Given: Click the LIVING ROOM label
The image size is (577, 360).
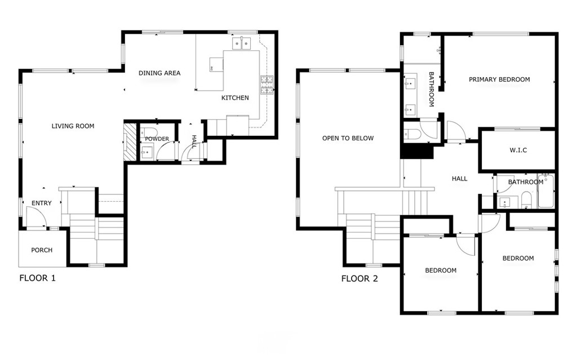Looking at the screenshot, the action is click(x=73, y=126).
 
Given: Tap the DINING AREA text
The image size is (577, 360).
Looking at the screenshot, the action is click(x=159, y=73).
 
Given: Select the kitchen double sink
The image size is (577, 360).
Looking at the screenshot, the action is click(x=241, y=43).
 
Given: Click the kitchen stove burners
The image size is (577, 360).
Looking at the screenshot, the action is click(x=267, y=85).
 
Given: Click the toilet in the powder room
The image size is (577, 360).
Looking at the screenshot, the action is click(x=149, y=132).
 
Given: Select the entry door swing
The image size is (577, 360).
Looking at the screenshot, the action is click(x=36, y=217).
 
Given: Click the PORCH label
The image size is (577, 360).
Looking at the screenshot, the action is click(x=42, y=250).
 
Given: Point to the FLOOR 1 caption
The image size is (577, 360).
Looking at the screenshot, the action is click(x=38, y=278).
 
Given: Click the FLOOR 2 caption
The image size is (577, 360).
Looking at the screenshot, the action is click(x=359, y=279).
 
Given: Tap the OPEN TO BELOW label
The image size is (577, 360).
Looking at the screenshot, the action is click(x=348, y=138).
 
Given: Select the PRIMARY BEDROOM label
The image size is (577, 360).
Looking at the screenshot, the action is click(x=499, y=79).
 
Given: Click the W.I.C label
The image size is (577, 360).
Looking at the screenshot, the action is click(x=518, y=150).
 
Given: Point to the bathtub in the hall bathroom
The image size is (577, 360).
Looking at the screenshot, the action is click(x=545, y=192).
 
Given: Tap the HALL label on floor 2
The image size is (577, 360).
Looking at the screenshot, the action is click(x=460, y=179).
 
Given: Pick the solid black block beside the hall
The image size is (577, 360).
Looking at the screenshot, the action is click(x=416, y=152).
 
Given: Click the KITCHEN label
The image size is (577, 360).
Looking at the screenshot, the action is click(x=235, y=97).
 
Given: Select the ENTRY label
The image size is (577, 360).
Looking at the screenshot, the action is click(x=42, y=203).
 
